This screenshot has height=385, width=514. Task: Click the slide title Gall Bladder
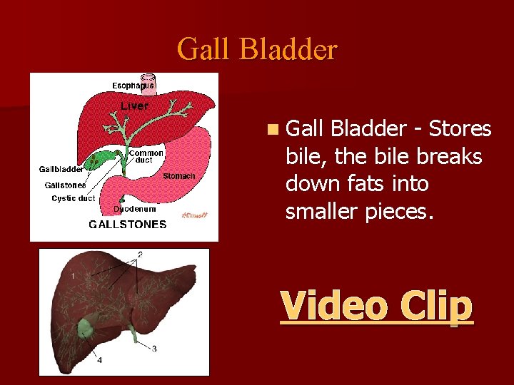tap(257, 49)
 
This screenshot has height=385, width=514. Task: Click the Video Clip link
tap(376, 306)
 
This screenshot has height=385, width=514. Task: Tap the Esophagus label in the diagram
tap(133, 86)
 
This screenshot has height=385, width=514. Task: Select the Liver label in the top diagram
tap(135, 106)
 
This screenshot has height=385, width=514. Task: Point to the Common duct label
tap(146, 157)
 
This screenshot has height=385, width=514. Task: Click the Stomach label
tap(178, 176)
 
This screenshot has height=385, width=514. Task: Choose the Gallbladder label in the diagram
tap(61, 170)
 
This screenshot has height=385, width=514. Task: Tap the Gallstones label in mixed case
tap(65, 185)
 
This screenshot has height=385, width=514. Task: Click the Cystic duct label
tap(73, 198)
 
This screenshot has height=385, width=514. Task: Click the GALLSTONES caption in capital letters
tap(127, 224)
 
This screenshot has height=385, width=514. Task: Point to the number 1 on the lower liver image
tap(73, 275)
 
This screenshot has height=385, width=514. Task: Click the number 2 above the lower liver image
tap(140, 254)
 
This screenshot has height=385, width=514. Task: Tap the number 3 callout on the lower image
tap(154, 349)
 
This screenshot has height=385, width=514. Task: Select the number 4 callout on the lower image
tap(99, 360)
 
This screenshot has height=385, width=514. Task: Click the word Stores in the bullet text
tap(460, 129)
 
